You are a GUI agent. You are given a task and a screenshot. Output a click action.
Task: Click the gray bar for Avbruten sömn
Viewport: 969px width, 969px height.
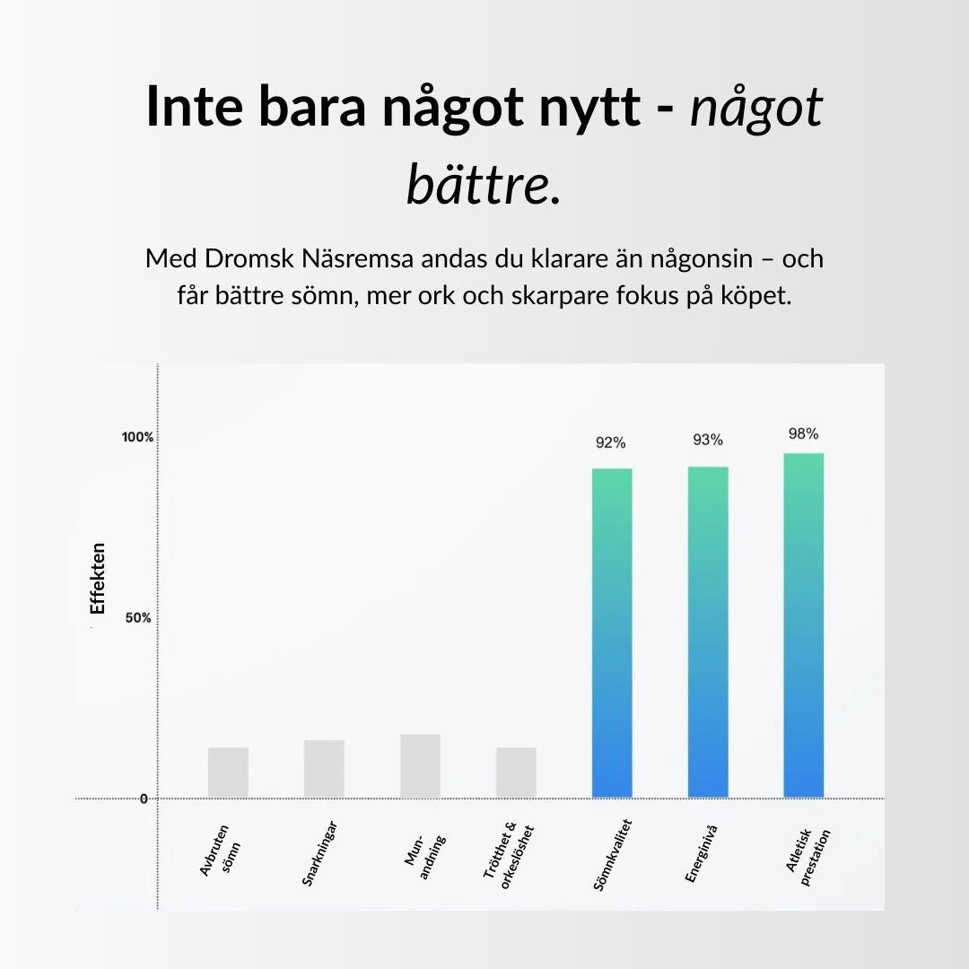coord(228,773)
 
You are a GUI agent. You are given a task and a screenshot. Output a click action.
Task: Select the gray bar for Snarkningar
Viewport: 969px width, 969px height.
coord(324,769)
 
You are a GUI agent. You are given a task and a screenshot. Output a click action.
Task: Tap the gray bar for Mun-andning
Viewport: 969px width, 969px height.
coord(420,766)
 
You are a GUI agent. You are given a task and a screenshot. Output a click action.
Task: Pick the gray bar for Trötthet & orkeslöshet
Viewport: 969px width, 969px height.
coord(516,773)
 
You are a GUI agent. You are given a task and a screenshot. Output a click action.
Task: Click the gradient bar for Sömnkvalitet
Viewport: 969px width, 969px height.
coord(612,633)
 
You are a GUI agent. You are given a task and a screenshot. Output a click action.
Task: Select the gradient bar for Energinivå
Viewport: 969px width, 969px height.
coord(708,633)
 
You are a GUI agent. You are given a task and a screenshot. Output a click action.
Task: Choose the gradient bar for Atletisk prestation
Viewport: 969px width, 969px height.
coord(804,625)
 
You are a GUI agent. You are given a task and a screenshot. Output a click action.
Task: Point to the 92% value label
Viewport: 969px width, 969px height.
coord(611,442)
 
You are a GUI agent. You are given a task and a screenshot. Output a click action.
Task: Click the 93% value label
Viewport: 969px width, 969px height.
coord(708,440)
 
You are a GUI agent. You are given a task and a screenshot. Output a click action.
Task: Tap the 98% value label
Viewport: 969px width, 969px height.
coord(803,434)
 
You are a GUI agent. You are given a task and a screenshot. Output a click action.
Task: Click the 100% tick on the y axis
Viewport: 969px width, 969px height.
coord(137,437)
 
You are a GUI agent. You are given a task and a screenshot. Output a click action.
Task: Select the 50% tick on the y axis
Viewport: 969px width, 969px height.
coord(138,618)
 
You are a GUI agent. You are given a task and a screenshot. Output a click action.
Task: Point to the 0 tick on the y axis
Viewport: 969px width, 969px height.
coord(144,799)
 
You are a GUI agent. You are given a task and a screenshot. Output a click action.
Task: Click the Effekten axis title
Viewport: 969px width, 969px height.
coord(98,579)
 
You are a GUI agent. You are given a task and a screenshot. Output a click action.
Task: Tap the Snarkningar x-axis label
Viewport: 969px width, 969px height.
coord(319,853)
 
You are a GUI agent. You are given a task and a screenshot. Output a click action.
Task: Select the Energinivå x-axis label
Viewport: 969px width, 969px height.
coord(702,853)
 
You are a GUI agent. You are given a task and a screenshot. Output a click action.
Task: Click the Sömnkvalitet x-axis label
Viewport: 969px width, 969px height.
coord(613,855)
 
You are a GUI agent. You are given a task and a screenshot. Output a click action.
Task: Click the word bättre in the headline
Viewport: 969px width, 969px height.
coord(477,184)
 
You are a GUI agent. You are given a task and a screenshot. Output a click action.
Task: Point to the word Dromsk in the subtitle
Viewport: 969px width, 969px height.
coord(249,258)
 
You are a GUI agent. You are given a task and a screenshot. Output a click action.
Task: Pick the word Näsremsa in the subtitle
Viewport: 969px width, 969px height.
coord(357,258)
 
